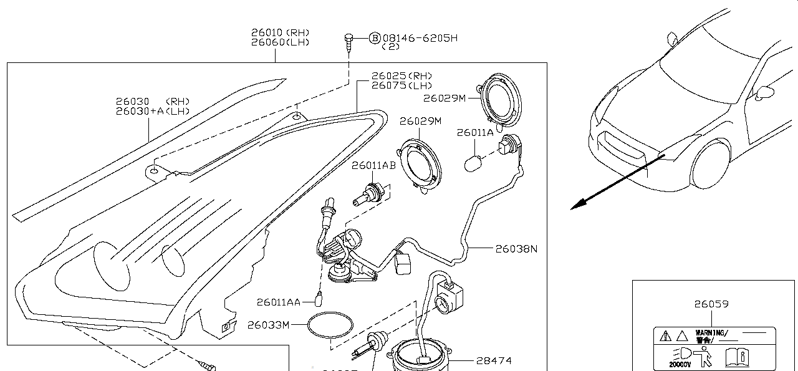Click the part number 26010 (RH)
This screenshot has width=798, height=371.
280,32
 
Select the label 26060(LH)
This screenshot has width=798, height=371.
280,42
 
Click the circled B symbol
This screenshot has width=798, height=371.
375,38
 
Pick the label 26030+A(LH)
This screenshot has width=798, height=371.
153,111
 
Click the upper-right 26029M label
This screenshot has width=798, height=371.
444,98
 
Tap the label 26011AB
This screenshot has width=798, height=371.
373,166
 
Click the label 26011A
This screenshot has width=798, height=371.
475,132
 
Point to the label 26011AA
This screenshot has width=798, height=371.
279,302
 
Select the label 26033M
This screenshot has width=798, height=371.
269,325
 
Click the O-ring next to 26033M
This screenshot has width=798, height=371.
330,327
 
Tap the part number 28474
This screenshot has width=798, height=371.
494,360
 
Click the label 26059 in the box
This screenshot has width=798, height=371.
712,304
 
